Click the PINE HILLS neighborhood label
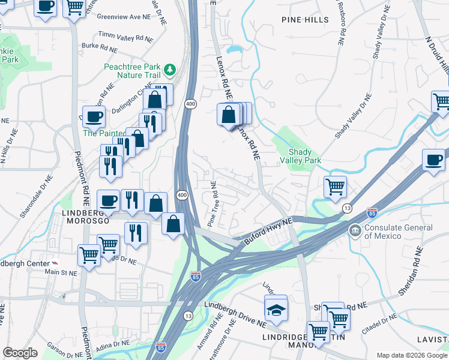(x=305, y=20)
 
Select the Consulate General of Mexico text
(x=399, y=232)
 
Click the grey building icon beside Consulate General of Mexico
(x=355, y=230)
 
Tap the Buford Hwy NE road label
(x=268, y=231)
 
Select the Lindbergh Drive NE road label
(x=235, y=314)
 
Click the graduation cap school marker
(x=276, y=309)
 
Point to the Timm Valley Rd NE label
(x=126, y=37)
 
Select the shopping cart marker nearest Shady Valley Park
(x=335, y=186)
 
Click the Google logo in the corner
(x=20, y=353)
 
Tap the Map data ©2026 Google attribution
(x=411, y=355)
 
